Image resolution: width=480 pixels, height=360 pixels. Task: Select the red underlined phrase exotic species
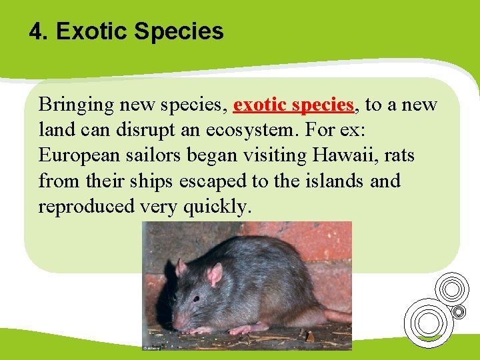click(293, 105)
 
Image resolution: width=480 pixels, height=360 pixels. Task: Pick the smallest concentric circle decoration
click(459, 311)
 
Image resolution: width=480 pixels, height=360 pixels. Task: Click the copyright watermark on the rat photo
click(151, 347)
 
